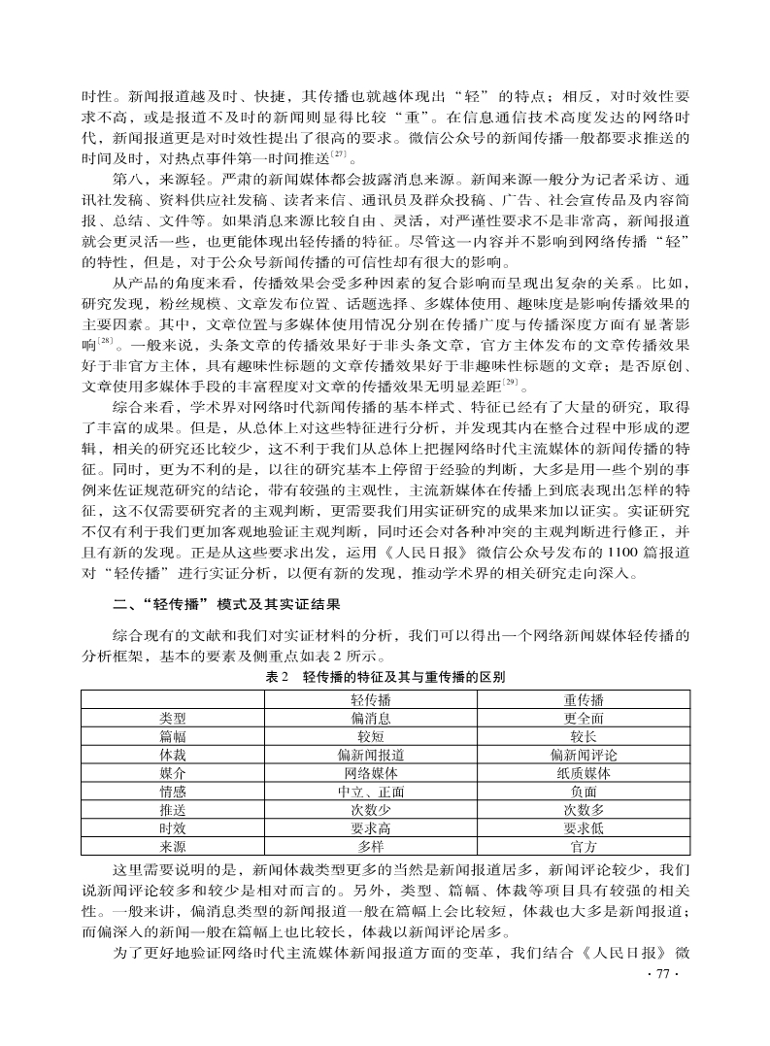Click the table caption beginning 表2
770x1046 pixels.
coord(384,676)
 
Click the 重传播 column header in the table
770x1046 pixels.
coord(584,699)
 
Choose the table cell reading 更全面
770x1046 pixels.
coord(584,718)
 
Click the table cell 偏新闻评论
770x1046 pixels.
coord(584,755)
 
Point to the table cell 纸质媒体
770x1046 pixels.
coord(584,773)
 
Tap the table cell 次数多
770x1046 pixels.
coord(584,810)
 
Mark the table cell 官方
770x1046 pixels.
coord(584,847)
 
